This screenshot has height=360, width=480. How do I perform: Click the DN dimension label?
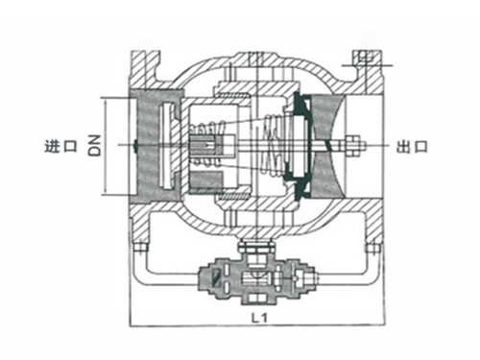(x=95, y=145)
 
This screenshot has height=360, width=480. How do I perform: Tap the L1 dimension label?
(x=259, y=318)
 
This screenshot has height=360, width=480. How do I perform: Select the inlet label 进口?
(x=61, y=146)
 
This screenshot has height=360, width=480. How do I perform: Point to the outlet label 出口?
(x=412, y=146)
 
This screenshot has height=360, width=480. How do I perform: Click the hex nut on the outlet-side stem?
(x=353, y=146)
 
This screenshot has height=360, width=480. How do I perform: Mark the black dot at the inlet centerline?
(x=135, y=146)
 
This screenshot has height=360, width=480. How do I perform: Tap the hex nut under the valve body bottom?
(x=255, y=247)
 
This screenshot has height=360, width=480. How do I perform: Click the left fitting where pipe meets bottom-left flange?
(x=140, y=249)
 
